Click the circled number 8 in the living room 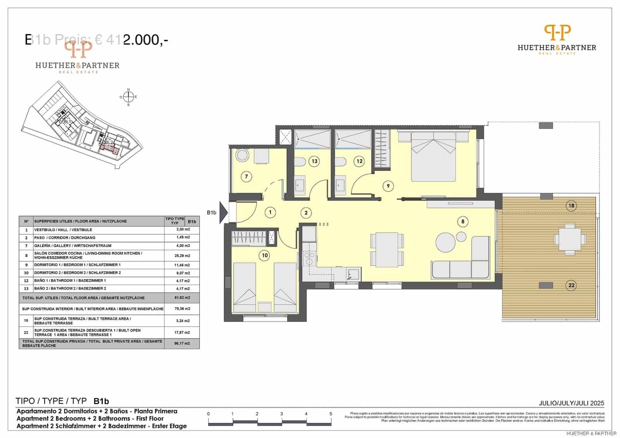462,222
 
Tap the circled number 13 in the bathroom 314,161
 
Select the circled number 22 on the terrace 571,286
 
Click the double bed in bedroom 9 433,156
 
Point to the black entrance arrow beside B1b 223,213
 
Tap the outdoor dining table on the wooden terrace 570,239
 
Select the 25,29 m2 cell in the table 182,256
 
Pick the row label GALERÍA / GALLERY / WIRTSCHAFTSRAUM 73,246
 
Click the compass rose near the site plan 129,97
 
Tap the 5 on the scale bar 331,414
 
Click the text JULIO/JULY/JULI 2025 571,403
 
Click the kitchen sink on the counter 353,275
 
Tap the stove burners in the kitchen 309,258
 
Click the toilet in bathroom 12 341,162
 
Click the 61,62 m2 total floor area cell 182,298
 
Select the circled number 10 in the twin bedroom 265,255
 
